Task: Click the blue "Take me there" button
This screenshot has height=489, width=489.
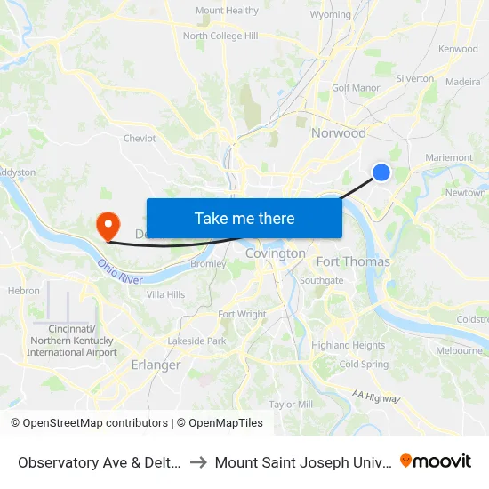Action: pyautogui.click(x=244, y=218)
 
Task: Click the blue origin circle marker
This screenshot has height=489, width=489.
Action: pyautogui.click(x=381, y=172)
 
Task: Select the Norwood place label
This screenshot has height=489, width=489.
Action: pyautogui.click(x=338, y=133)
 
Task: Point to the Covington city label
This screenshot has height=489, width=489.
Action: pyautogui.click(x=275, y=253)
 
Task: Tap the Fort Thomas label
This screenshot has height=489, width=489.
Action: pyautogui.click(x=353, y=261)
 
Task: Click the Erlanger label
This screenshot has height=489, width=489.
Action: pyautogui.click(x=156, y=365)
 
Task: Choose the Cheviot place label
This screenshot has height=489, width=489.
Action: pyautogui.click(x=140, y=139)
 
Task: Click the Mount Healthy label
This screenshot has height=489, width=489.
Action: pyautogui.click(x=227, y=11)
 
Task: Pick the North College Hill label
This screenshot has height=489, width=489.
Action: pyautogui.click(x=220, y=36)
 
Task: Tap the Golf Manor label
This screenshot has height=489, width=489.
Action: pyautogui.click(x=356, y=88)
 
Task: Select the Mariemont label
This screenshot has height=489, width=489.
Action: pyautogui.click(x=449, y=157)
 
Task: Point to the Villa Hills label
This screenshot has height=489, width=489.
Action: pyautogui.click(x=165, y=294)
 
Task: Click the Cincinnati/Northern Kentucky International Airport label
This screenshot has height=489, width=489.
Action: pyautogui.click(x=72, y=341)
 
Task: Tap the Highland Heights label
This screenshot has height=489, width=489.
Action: pyautogui.click(x=348, y=345)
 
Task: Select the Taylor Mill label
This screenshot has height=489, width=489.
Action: pyautogui.click(x=291, y=404)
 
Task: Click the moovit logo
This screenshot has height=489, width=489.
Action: pyautogui.click(x=436, y=461)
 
